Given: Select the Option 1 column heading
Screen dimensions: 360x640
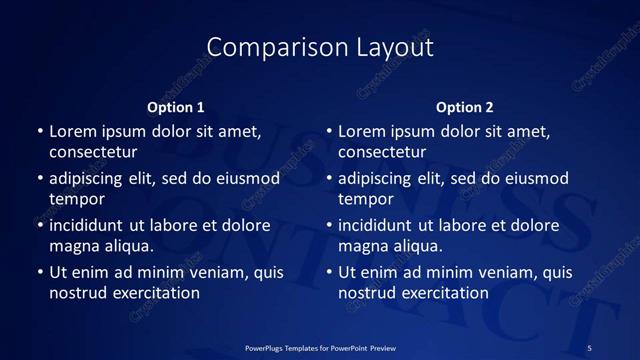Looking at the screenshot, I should [x=176, y=107].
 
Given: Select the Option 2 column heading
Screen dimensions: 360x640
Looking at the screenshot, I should [x=465, y=107].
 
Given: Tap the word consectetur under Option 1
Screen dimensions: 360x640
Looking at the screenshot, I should [x=93, y=153].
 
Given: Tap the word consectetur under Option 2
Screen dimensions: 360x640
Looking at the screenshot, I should [x=382, y=153].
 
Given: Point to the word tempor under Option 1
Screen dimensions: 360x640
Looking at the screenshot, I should [x=75, y=199].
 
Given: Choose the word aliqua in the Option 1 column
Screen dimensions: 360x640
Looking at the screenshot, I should [x=128, y=246].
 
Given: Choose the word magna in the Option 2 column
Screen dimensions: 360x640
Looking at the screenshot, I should [x=363, y=246].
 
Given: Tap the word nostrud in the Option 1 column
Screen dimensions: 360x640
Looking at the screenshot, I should [x=75, y=293].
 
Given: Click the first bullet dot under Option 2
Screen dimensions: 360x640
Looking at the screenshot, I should [x=328, y=131].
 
